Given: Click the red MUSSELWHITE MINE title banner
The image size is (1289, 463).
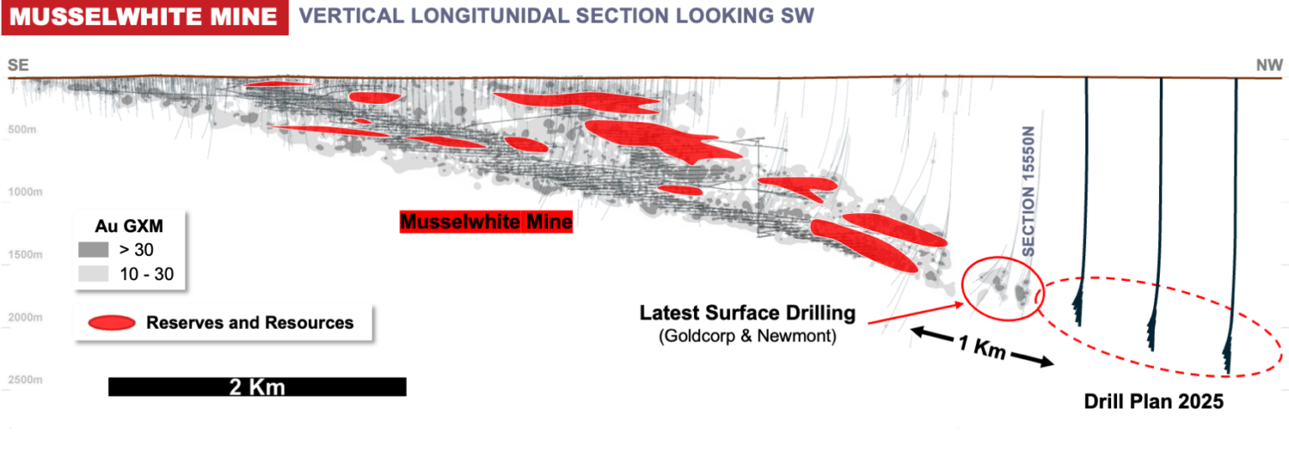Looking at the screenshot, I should [144, 17].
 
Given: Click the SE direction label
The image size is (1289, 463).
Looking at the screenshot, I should [18, 65].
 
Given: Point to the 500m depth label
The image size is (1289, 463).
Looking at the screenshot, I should [24, 130].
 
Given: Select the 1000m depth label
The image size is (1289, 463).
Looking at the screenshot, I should [26, 192].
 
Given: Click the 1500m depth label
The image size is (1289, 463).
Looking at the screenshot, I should [26, 254].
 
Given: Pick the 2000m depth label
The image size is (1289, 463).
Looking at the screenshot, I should [26, 317].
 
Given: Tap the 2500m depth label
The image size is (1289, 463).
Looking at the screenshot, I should [26, 379].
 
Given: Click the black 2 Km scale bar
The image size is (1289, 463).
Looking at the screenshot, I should [257, 387].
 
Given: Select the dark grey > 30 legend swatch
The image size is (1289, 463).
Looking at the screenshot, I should [93, 249].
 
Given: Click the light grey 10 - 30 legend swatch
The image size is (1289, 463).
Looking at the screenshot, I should [93, 273].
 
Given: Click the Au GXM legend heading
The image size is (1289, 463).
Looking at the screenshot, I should [129, 225].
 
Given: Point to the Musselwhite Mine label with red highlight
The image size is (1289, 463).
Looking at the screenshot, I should [486, 222].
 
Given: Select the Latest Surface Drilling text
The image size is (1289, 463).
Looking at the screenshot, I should [747, 314].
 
